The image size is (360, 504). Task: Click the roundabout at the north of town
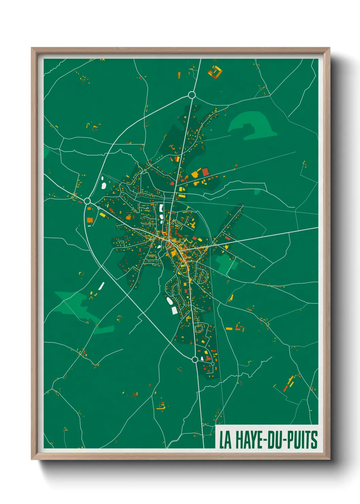tap(192, 95)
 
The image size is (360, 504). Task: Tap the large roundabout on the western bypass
tap(87, 201)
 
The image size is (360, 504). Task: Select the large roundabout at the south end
tap(195, 359)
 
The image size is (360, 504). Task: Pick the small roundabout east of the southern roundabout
tap(213, 364)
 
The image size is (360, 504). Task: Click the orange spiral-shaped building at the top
tap(215, 72)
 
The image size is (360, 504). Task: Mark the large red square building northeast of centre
tap(205, 172)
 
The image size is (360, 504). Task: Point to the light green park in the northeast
tap(252, 124)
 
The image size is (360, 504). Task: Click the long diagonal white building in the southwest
tap(101, 286)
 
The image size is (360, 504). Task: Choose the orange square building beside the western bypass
tap(90, 220)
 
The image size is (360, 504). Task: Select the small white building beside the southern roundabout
tap(203, 359)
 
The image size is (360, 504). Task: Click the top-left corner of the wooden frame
tap(32, 48)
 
